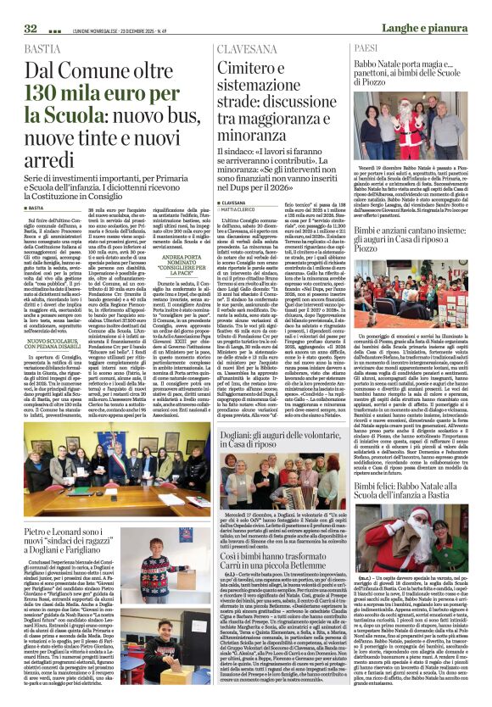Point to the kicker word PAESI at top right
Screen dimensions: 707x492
point(366,49)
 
